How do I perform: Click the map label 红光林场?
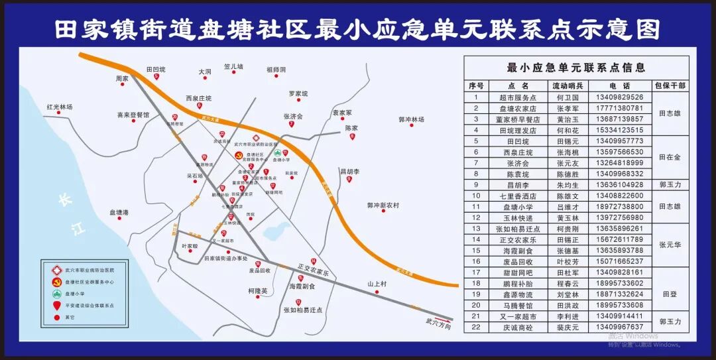click(59, 107)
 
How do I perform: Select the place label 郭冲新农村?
click(383, 206)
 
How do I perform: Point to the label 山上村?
click(377, 284)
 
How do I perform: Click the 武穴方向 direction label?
click(438, 326)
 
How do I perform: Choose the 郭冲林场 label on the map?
click(411, 119)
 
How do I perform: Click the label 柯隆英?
click(257, 290)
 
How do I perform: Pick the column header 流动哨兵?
click(568, 86)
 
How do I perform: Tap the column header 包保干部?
click(670, 86)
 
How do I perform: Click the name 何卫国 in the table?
click(568, 97)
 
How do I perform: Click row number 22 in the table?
click(475, 327)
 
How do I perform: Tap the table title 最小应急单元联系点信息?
click(575, 67)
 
